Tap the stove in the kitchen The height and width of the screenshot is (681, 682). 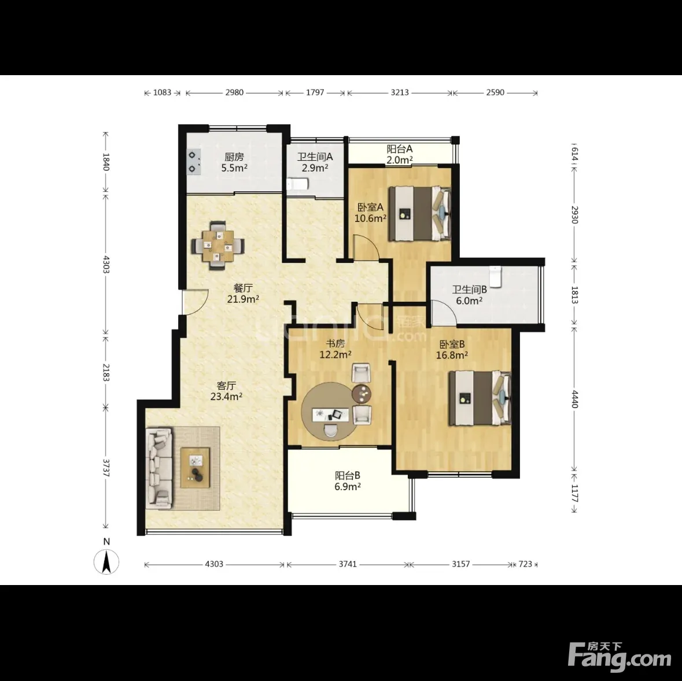[194, 162]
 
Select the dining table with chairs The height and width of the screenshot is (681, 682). [218, 246]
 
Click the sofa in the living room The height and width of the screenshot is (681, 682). [159, 468]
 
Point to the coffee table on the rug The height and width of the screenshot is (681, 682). [196, 467]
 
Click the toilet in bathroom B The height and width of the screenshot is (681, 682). [495, 276]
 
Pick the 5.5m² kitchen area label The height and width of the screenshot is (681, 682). [234, 168]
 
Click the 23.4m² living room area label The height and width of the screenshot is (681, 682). [226, 397]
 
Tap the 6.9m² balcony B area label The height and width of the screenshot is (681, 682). [348, 486]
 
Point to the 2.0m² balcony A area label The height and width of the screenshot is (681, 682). [400, 160]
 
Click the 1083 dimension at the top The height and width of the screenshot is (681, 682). [162, 92]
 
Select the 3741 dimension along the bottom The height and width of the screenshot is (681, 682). [348, 564]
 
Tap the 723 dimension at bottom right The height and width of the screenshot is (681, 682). [525, 564]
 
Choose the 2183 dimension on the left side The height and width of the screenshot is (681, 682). [105, 372]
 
